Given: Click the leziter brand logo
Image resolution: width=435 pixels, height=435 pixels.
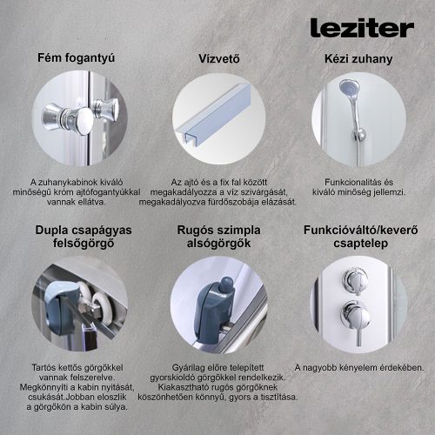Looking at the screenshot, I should [x=360, y=29].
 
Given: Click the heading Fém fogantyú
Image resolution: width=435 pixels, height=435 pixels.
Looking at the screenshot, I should [x=76, y=59].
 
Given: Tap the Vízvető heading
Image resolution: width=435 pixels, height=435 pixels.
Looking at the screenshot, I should [x=218, y=59].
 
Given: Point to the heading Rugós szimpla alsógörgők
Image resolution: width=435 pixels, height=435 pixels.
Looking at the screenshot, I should [x=218, y=238].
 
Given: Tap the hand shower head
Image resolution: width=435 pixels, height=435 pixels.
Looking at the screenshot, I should [x=348, y=89].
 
